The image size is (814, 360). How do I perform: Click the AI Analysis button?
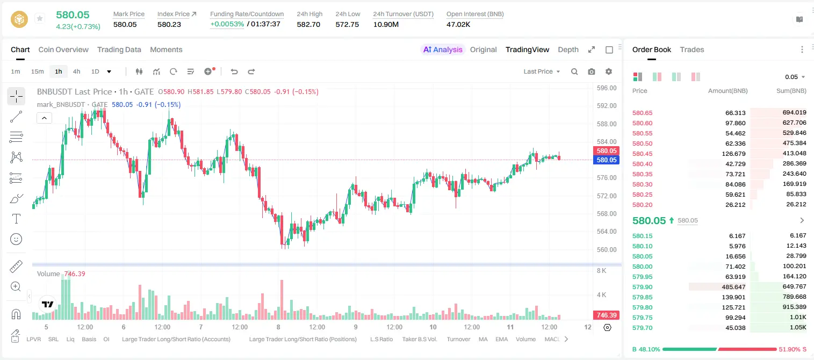443,49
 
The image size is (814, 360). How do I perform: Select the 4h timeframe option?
76,71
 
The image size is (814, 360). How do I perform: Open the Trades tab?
692,49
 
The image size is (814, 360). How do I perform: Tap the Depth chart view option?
568,49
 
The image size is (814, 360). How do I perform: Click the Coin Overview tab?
63,49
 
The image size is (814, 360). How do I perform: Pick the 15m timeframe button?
37,71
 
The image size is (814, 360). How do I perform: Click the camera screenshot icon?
592,71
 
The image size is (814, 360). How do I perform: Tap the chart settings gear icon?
609,71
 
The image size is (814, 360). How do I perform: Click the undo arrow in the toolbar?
234,71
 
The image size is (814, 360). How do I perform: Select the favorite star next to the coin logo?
40,18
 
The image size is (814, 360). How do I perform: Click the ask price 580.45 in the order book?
642,154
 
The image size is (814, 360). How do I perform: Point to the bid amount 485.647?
733,287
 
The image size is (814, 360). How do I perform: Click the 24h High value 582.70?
308,24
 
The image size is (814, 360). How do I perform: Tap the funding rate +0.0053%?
227,24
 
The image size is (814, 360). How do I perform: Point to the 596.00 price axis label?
607,88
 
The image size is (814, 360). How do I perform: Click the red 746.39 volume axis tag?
606,315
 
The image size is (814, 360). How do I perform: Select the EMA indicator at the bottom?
501,339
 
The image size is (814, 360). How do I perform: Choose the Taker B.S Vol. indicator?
420,339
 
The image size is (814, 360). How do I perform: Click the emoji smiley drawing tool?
16,239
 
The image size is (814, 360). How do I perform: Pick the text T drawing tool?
16,219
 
